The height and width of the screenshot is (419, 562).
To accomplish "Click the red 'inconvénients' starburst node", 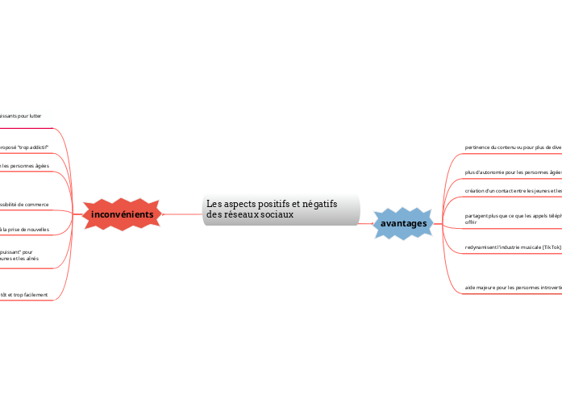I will (x=123, y=214).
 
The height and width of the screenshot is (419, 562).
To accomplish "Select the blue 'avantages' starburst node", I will (x=403, y=223).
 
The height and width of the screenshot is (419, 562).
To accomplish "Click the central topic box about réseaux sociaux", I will (x=281, y=209).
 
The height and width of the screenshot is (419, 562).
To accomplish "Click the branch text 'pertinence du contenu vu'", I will (x=500, y=147).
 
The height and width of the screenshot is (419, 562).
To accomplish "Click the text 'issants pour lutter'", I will (x=21, y=116).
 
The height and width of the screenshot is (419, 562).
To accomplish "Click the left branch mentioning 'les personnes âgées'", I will (x=24, y=166).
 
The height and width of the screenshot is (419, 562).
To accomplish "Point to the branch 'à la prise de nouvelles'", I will (x=24, y=230).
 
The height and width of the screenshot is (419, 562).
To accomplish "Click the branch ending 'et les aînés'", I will (x=19, y=259).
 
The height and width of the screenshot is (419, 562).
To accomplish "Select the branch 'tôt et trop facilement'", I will (x=24, y=295).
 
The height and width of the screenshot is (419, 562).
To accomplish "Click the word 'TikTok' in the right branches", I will (x=551, y=247).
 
